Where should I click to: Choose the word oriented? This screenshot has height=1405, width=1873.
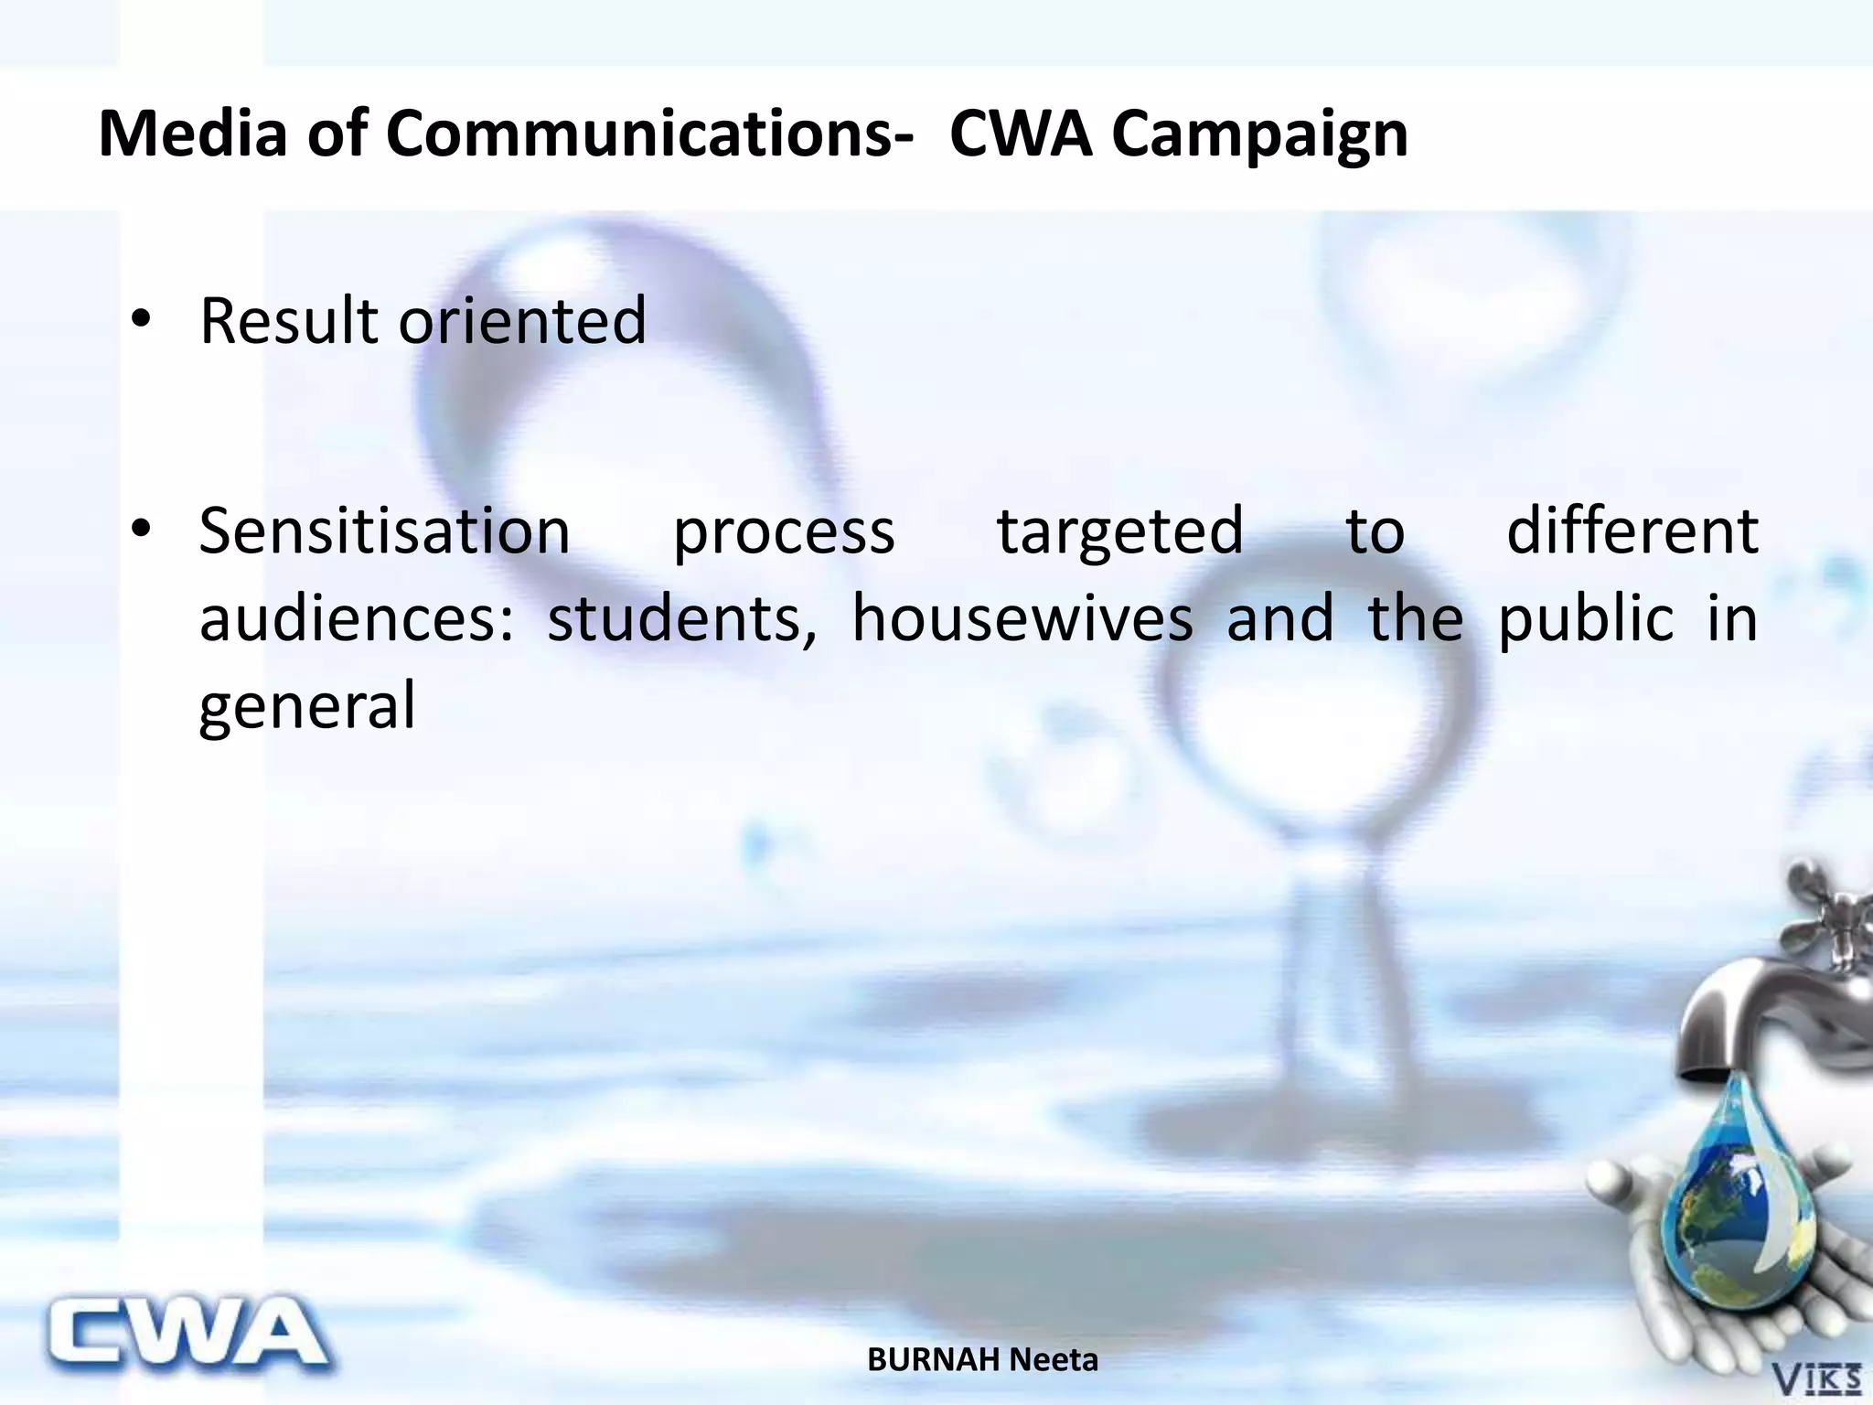[x=522, y=321]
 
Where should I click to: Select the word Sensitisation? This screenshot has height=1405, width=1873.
[x=384, y=531]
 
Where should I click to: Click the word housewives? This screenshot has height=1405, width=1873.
[x=1022, y=618]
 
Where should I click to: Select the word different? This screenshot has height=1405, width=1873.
[x=1632, y=531]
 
